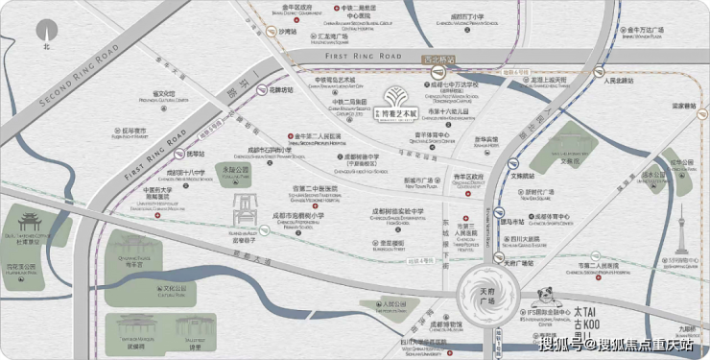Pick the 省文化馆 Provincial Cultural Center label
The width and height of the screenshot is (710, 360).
(x=144, y=94)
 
